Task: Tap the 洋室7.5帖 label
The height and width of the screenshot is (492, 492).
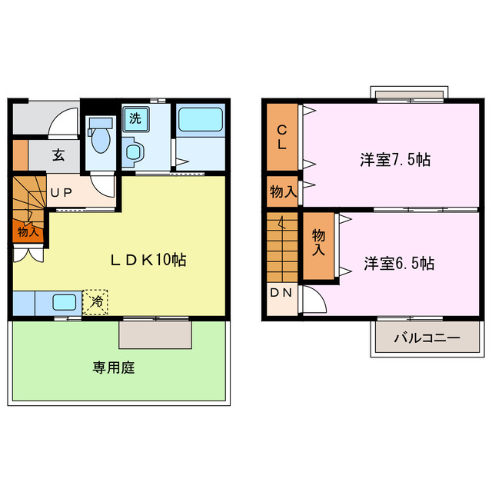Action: point(395,160)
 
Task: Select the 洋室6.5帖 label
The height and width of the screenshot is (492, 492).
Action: point(399,264)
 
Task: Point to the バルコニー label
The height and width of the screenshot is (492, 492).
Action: point(427,337)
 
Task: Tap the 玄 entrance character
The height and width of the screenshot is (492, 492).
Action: point(58,154)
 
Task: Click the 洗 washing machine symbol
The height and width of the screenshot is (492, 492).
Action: point(135,119)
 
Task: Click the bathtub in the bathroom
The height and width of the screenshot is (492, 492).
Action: point(200,121)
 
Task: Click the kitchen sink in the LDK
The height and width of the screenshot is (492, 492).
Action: point(62,303)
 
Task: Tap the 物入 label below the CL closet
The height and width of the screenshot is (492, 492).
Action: point(282,191)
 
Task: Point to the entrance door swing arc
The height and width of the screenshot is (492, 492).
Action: point(66,121)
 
